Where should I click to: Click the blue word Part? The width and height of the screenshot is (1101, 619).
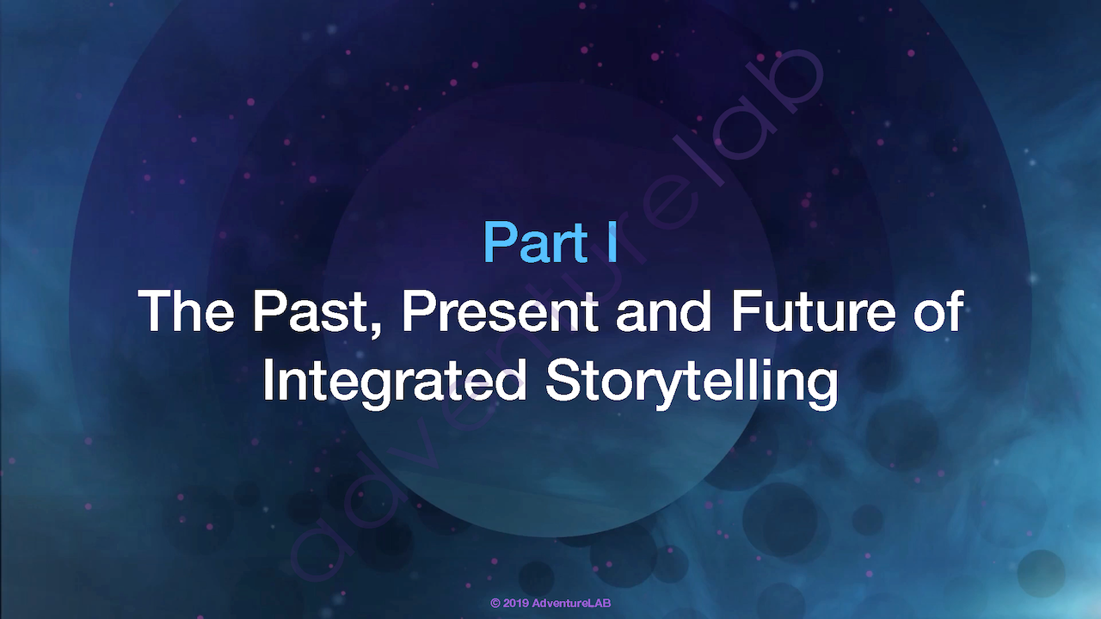click(536, 242)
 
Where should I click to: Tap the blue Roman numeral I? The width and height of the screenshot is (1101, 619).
click(612, 242)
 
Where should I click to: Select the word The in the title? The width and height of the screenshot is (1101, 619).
click(186, 310)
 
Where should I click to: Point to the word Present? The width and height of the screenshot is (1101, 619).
click(501, 310)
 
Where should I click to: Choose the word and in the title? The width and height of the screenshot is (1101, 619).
click(663, 310)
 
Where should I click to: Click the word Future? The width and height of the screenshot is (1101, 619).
click(814, 310)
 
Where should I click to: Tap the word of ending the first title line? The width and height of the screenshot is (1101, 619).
click(938, 310)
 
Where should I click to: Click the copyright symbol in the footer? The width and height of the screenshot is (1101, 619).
click(495, 604)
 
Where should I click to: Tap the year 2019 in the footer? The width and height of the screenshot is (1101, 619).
click(516, 604)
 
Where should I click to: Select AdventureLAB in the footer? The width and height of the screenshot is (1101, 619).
click(571, 604)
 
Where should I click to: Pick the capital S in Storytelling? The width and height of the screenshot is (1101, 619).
click(563, 380)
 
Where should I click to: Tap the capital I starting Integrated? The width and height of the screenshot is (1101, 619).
click(268, 380)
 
